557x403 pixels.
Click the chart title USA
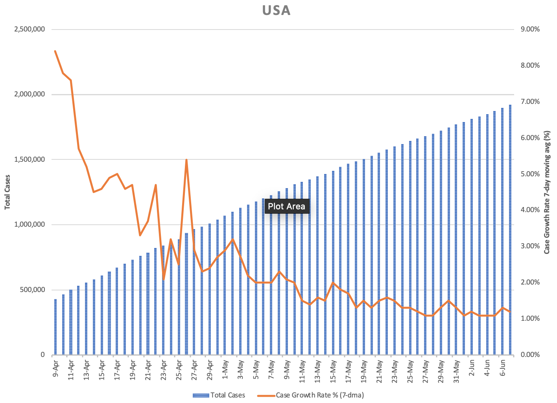point(276,11)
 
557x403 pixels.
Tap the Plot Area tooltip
point(286,206)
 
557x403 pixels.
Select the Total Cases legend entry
point(219,395)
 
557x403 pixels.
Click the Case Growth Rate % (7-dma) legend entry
point(311,395)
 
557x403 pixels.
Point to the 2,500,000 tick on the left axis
point(30,29)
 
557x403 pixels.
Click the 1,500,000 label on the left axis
point(30,159)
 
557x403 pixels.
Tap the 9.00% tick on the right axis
point(530,29)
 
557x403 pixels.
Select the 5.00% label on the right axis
point(530,174)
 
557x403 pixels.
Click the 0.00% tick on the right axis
point(530,355)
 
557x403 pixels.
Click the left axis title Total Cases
point(7,192)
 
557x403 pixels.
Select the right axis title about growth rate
point(547,192)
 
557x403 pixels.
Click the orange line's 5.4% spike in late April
point(186,160)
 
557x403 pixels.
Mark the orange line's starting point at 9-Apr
point(55,51)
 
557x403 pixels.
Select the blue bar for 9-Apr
point(55,327)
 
